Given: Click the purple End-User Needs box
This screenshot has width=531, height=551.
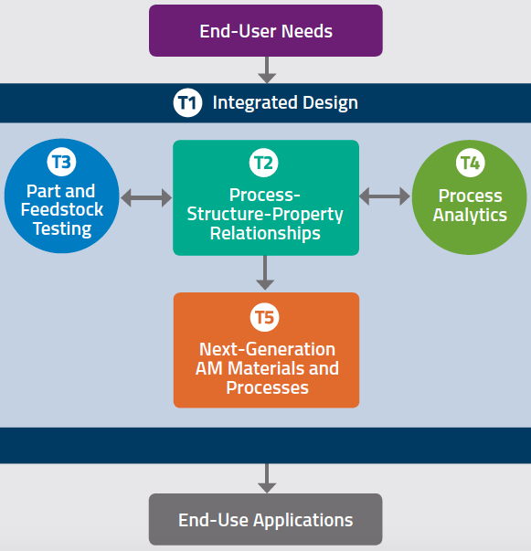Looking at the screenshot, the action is [266, 30].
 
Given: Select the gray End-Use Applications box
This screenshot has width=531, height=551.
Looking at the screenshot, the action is [266, 519].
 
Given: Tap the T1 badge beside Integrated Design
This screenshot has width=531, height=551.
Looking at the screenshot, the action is [187, 102].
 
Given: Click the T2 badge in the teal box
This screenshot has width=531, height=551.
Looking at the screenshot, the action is [263, 163].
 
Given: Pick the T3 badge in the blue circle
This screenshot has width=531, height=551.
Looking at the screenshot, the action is [61, 162].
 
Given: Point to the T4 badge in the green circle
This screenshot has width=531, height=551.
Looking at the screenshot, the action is [470, 163].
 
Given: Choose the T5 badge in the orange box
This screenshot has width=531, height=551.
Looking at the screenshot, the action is [264, 317].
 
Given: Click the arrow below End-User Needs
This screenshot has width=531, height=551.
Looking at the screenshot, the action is [267, 70].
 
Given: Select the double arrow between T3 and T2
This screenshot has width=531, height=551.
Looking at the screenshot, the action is [146, 197].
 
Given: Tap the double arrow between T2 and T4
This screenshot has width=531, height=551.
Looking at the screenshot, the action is [385, 196].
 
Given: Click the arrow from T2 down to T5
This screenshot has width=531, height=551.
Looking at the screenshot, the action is [265, 272].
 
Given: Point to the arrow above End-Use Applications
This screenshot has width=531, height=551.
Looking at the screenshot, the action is [267, 478].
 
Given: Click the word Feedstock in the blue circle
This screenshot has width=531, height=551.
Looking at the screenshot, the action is [62, 210].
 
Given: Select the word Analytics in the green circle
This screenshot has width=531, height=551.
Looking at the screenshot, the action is [470, 216].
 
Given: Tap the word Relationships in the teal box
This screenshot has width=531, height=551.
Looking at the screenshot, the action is [265, 233].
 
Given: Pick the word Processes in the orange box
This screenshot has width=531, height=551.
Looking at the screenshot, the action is [267, 387].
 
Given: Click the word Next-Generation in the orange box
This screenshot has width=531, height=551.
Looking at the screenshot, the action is [267, 349].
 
